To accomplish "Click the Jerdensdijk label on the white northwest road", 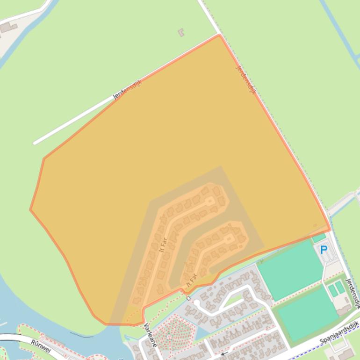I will pyautogui.click(x=127, y=90).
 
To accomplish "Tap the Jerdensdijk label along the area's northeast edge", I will pyautogui.click(x=246, y=80).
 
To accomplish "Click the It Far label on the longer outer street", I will pyautogui.click(x=163, y=245).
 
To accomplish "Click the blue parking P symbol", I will pyautogui.click(x=323, y=250).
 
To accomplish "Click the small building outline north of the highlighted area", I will pyautogui.click(x=181, y=32).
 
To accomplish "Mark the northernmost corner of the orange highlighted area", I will pyautogui.click(x=219, y=35).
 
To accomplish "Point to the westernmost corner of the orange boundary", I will pyautogui.click(x=30, y=209).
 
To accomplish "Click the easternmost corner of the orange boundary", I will pyautogui.click(x=331, y=230).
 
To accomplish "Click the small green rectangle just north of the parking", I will pyautogui.click(x=319, y=238).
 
